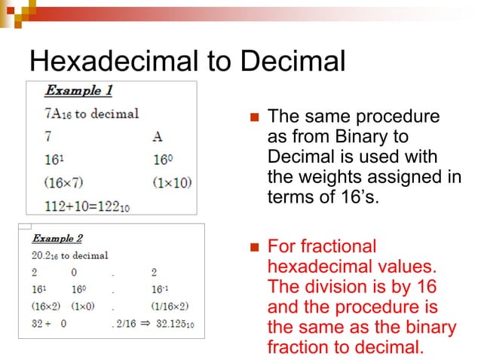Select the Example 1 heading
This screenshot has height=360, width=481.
tap(78, 90)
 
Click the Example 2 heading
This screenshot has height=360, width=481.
tap(57, 239)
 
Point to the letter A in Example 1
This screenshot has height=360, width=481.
tap(157, 137)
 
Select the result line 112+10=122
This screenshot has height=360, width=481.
tap(87, 205)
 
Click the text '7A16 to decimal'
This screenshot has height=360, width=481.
tap(91, 114)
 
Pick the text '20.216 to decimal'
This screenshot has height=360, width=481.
tap(69, 255)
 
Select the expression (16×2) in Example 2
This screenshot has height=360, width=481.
tap(46, 307)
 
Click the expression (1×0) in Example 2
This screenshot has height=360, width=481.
tap(84, 307)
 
